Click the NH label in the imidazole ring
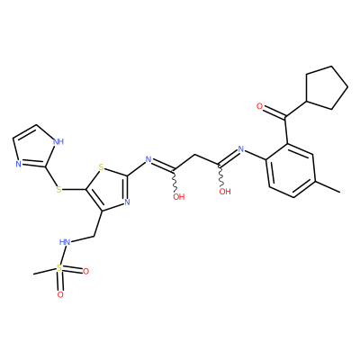(58, 141)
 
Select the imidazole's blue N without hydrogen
(18, 164)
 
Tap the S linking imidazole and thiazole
(58, 190)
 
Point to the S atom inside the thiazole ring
(101, 166)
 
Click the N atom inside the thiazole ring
(127, 202)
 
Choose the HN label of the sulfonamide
(65, 242)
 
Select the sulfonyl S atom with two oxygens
(59, 268)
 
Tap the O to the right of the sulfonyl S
(85, 272)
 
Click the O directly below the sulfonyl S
(60, 294)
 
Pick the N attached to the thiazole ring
(148, 159)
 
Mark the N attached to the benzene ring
(240, 148)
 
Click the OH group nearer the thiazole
(179, 197)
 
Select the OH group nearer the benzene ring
(225, 192)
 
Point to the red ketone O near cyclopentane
(260, 106)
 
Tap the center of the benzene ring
(291, 170)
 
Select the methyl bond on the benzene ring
(328, 186)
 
